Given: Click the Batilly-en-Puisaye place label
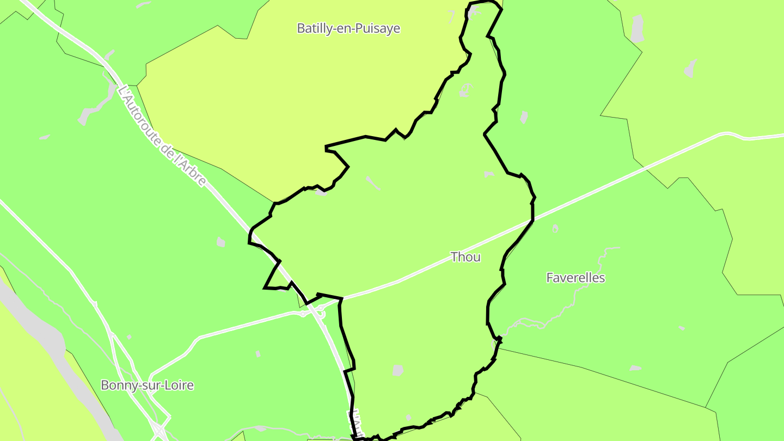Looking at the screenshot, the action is click(348, 28).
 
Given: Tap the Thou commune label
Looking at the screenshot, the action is click(465, 257).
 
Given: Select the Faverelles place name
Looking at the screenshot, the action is click(575, 278).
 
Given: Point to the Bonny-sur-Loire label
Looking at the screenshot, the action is click(147, 385).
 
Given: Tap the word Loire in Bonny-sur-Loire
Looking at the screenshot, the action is click(179, 385).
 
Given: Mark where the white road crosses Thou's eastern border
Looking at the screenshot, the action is click(532, 220).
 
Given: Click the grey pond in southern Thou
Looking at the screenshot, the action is click(398, 370).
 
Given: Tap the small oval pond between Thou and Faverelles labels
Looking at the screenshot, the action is click(555, 229).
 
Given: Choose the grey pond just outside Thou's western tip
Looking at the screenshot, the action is click(220, 242).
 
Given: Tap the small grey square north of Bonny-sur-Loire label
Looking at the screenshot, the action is click(129, 337).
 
